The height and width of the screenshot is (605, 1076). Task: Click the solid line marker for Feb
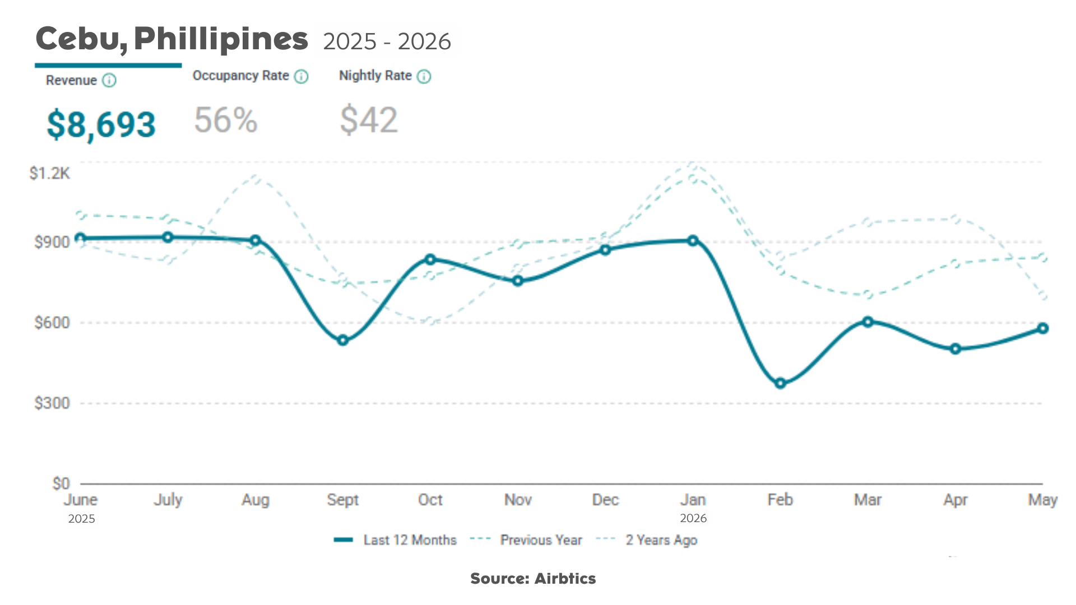[x=780, y=384]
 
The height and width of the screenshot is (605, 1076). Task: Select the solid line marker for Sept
[x=343, y=341]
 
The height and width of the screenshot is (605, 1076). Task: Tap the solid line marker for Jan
[x=693, y=240]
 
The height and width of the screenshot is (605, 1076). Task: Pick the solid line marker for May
[x=1042, y=328]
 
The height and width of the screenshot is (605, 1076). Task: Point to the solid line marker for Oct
[x=430, y=259]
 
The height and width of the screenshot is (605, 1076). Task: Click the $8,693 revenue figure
[x=101, y=124]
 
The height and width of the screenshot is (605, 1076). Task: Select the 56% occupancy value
[x=225, y=120]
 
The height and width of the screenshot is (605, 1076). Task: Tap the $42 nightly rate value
[x=369, y=120]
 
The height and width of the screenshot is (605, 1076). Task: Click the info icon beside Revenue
[x=109, y=80]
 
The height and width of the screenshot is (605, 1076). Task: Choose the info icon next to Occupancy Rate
[x=302, y=76]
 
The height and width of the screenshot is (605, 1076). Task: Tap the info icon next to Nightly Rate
[x=424, y=76]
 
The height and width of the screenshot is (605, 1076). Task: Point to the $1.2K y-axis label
[x=50, y=174]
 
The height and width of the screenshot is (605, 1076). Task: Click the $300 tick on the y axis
[x=52, y=403]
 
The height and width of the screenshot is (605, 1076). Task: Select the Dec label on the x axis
[x=605, y=500]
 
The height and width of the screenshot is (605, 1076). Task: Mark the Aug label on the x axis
[x=256, y=500]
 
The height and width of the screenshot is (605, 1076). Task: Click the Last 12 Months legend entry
[x=395, y=540]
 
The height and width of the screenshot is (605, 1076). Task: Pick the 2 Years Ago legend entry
[x=647, y=540]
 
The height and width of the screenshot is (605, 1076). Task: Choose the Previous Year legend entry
[x=526, y=540]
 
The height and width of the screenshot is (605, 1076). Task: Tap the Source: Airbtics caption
[x=533, y=579]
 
